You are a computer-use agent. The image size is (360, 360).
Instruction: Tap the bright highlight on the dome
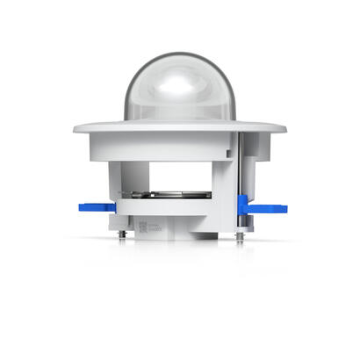tap(181, 83)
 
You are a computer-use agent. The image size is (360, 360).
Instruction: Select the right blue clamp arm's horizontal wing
tap(269, 209)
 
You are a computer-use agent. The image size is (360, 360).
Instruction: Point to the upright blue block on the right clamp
tap(241, 205)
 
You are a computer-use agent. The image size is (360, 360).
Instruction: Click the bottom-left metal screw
tap(121, 234)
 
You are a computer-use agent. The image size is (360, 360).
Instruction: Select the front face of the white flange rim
tap(180, 129)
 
